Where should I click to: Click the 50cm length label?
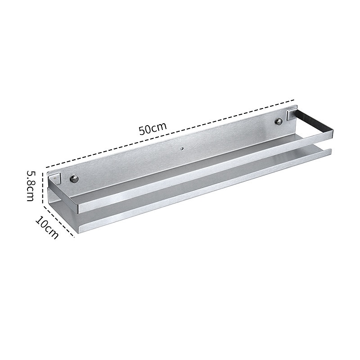pos(153,129)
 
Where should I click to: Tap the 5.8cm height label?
pos(30,186)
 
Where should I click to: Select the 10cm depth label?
pos(47,228)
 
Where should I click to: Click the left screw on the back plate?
pos(74,178)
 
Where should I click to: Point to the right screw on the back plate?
pos(279,121)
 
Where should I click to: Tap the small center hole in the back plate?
pos(182,149)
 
